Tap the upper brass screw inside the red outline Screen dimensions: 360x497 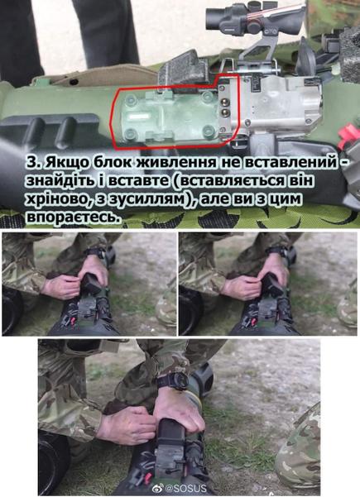(225, 102)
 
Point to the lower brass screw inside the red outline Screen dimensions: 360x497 (225, 112)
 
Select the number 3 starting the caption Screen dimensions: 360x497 (32, 163)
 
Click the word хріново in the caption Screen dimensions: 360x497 (61, 199)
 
